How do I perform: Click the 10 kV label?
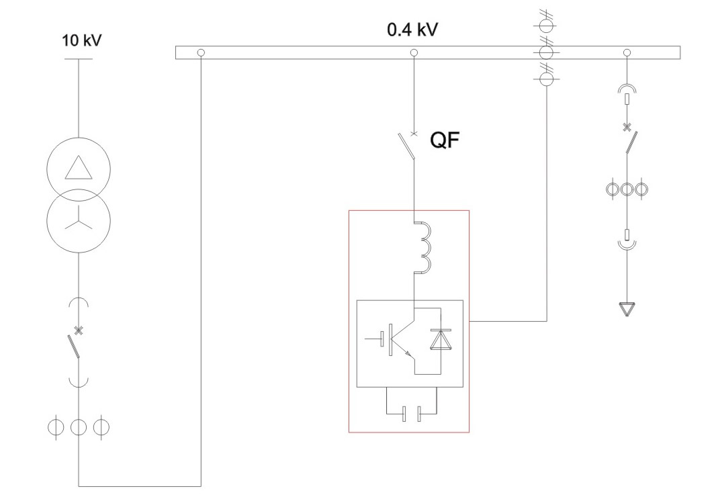click(x=81, y=41)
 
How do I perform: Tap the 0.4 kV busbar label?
click(x=412, y=31)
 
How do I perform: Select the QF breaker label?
click(x=445, y=141)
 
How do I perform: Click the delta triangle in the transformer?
click(x=78, y=167)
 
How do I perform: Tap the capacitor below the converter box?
click(x=410, y=414)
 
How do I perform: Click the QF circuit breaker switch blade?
click(x=406, y=146)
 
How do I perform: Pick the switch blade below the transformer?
click(x=75, y=345)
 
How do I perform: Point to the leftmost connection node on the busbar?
click(x=200, y=52)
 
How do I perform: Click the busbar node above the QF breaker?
click(x=414, y=52)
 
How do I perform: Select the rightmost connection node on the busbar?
click(x=627, y=52)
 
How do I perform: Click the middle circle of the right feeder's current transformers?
click(x=627, y=189)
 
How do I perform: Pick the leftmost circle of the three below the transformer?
click(x=56, y=426)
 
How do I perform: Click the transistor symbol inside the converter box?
click(x=399, y=338)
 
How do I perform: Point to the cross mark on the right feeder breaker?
click(x=627, y=126)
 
